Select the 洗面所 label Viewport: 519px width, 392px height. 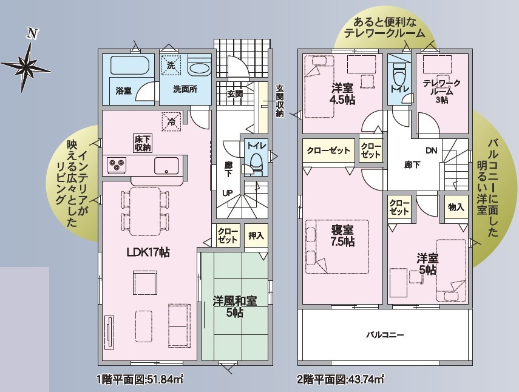185,89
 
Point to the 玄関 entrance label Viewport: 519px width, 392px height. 235,93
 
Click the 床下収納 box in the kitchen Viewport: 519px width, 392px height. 143,143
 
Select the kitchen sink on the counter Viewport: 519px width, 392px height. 166,166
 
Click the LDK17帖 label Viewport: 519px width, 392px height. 148,252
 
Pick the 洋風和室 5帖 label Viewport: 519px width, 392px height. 235,306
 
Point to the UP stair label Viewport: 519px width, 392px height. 228,193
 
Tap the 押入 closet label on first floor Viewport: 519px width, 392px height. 256,235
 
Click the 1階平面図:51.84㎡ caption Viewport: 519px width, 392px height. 140,379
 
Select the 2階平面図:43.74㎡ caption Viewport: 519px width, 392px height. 341,379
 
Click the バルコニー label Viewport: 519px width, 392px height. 385,335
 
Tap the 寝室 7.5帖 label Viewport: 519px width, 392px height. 342,235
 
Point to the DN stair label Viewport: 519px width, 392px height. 432,151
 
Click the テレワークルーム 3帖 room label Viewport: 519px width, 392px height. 441,91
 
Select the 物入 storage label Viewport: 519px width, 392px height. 456,208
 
